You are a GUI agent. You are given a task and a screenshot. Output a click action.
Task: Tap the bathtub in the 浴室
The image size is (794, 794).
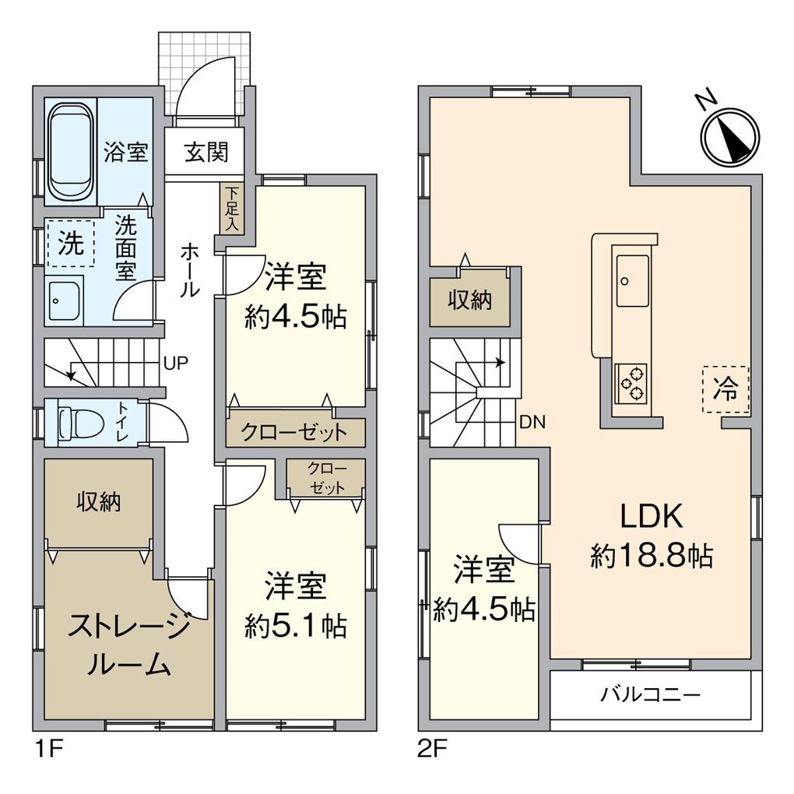pos(72,152)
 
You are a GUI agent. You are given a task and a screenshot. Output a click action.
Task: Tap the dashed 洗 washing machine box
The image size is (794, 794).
pos(70,244)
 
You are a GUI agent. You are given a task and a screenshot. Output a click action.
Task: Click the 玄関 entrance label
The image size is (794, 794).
pos(206,152)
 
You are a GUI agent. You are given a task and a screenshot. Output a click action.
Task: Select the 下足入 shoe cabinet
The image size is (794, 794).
pos(231,209)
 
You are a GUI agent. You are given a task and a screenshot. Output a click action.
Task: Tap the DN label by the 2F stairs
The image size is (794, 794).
pos(532,423)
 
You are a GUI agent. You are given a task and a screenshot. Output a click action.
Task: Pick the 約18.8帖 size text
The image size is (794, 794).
pos(651,556)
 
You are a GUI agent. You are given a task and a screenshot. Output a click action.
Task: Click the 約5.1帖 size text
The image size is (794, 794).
pos(296,625)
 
